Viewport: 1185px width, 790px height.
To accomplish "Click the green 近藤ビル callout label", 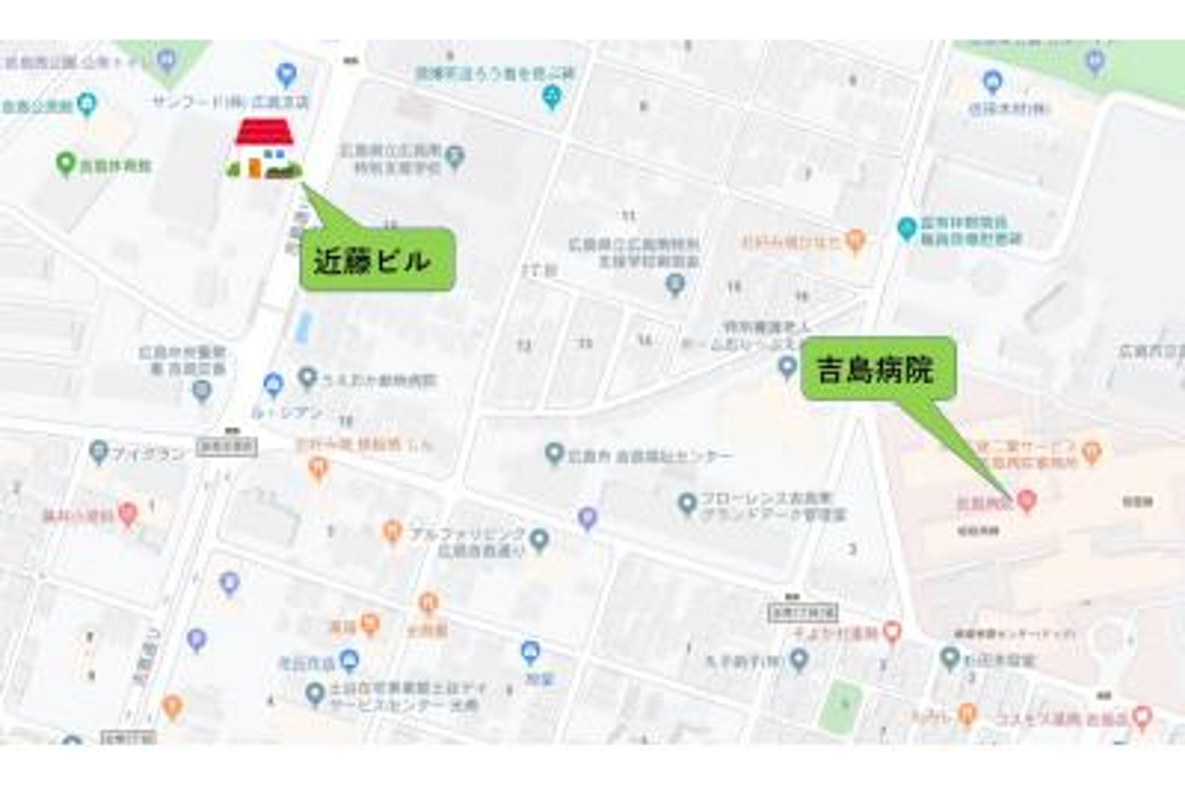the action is coord(377,260).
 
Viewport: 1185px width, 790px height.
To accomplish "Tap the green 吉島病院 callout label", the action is coord(878,369).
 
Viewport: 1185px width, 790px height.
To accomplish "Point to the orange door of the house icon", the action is coord(255,168).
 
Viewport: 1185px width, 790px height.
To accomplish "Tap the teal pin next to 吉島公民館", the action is coord(88,105).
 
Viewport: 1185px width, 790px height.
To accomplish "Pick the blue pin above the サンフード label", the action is coord(286,75).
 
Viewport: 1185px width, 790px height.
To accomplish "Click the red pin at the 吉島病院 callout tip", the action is coord(1026,500).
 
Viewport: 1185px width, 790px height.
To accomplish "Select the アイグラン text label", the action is coord(148,455).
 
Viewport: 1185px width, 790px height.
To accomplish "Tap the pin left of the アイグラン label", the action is coord(99,451).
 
